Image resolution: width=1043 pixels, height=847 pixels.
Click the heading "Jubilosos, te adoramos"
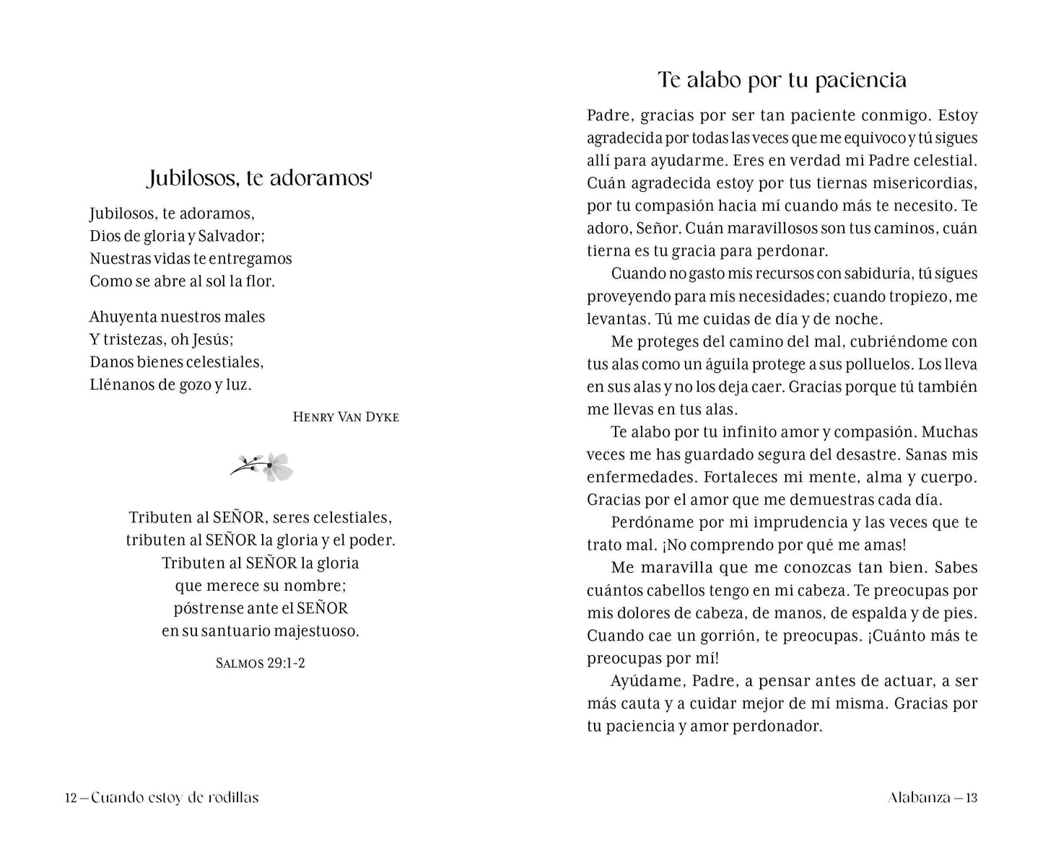tap(258, 177)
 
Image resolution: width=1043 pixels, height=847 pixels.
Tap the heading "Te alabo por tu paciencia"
tap(782, 79)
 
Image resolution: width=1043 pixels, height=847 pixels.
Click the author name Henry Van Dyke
tap(346, 417)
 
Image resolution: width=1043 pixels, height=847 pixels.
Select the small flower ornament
tap(263, 468)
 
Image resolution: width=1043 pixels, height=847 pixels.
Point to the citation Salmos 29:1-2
tap(261, 662)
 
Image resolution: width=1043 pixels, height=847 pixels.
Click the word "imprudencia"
tap(766, 522)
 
